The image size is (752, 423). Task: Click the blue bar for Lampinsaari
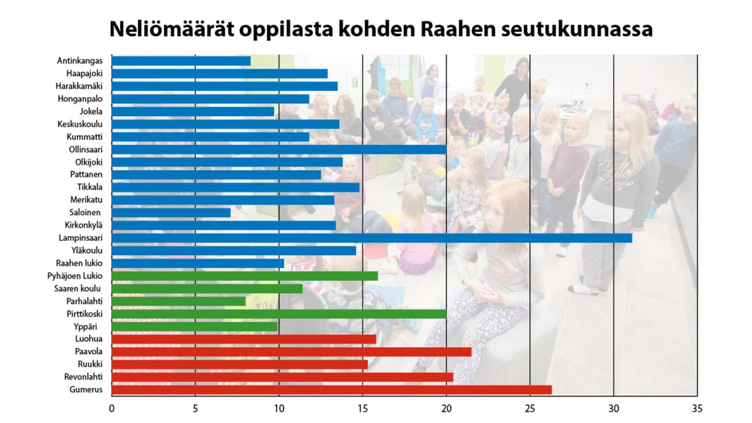tap(371, 238)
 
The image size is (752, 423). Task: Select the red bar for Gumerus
tap(331, 390)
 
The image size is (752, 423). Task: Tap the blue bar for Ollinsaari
tap(279, 149)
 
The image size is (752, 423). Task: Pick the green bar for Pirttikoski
tap(279, 314)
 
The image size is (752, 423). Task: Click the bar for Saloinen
tap(171, 212)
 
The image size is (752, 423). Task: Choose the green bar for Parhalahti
tap(178, 301)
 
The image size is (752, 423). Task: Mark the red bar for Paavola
tap(291, 352)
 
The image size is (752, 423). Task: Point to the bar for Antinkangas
tap(181, 61)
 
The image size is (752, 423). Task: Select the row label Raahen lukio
tap(79, 263)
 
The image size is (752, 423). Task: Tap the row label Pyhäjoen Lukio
tap(75, 276)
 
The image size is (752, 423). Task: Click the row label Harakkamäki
tap(79, 86)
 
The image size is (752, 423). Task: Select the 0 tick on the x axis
tap(111, 408)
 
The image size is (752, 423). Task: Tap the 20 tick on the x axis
tap(447, 408)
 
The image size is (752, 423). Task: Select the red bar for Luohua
tap(244, 339)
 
